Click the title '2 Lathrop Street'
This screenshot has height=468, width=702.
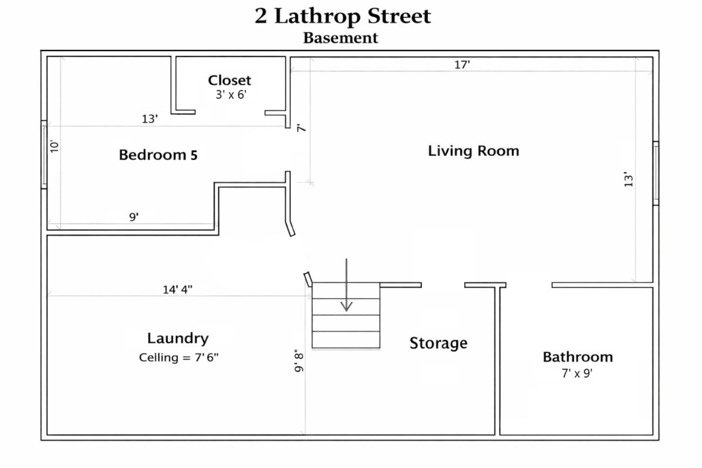click(343, 16)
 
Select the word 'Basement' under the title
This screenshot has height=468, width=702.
click(341, 38)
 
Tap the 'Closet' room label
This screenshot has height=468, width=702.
click(229, 80)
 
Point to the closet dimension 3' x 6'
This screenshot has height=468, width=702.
click(231, 95)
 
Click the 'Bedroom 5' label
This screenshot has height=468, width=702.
click(158, 155)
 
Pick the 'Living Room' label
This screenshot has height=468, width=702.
click(474, 151)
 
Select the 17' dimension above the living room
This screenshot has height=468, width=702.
click(462, 65)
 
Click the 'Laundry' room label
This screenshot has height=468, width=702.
click(178, 339)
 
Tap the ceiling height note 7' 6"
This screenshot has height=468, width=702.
click(207, 357)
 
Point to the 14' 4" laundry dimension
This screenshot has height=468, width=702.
click(177, 290)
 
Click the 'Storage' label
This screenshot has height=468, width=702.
click(438, 343)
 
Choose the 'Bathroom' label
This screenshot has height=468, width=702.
click(577, 357)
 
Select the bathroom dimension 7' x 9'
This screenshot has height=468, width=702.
click(577, 373)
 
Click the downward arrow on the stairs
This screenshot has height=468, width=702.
click(346, 285)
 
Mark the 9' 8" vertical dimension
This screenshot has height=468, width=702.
click(299, 360)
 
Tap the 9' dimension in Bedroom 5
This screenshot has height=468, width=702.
click(134, 217)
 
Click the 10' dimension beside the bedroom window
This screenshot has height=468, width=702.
click(54, 146)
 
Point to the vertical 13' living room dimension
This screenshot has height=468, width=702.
click(628, 179)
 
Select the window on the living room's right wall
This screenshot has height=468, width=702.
click(656, 174)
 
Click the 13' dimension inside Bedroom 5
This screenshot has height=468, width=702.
click(150, 119)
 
